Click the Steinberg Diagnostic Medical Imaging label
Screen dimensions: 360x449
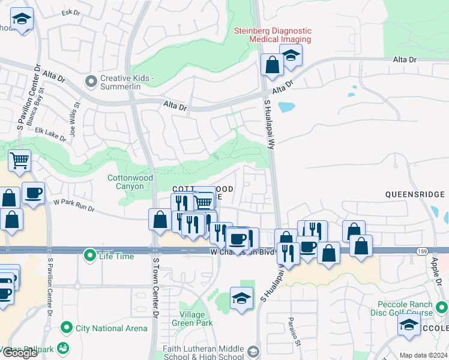click(x=273, y=35)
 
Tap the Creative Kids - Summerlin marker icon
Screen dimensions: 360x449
click(x=91, y=79)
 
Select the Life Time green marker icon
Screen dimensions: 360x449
click(x=90, y=256)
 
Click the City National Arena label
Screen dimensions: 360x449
click(x=111, y=328)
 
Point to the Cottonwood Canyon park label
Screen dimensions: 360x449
click(x=130, y=182)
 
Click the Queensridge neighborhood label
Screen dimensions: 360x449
click(x=415, y=194)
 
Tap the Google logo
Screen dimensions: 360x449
click(x=19, y=353)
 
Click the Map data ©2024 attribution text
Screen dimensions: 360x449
click(x=423, y=355)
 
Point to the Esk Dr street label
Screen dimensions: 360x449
click(x=71, y=11)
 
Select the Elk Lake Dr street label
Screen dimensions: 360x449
click(x=50, y=134)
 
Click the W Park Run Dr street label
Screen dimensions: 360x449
click(x=74, y=205)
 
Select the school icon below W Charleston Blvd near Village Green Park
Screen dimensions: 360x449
click(x=241, y=297)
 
